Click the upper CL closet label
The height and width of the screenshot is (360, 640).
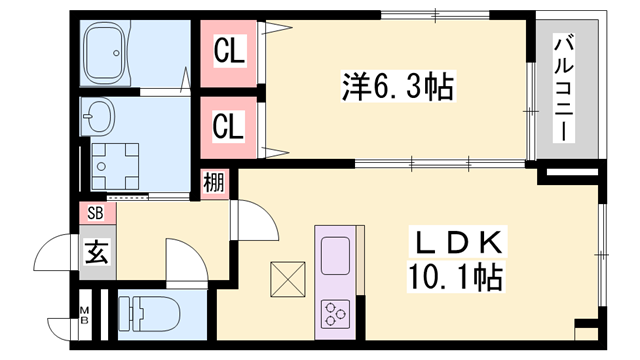[x=229, y=51]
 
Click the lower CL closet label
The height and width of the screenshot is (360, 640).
[x=228, y=126]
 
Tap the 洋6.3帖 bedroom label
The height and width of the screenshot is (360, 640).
[x=398, y=86]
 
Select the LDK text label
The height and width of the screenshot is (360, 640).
[x=457, y=242]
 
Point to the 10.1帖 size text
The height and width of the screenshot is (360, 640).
[x=456, y=277]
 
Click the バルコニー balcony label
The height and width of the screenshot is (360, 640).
[x=564, y=88]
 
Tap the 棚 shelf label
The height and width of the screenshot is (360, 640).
[x=214, y=182]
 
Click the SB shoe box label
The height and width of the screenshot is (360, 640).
[x=96, y=213]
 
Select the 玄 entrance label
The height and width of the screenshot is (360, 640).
[x=97, y=252]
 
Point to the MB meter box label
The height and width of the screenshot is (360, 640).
[x=84, y=314]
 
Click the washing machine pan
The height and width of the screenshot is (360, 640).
[x=115, y=166]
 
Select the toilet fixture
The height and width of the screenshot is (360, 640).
[x=149, y=314]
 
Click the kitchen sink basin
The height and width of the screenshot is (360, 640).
[x=335, y=256]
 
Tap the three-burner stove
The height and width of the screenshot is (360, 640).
[x=336, y=314]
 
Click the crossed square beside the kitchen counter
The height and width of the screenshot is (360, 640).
[x=288, y=279]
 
